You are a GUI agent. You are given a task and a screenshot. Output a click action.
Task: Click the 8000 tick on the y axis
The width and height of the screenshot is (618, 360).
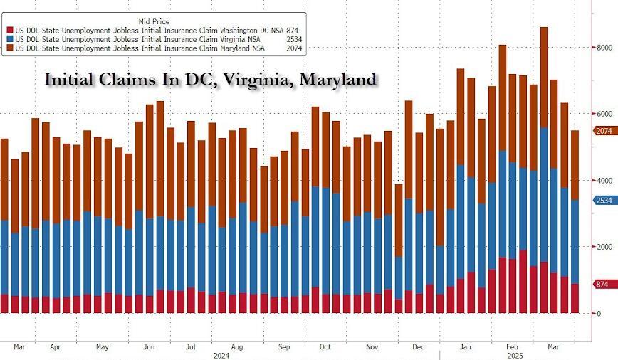(604, 47)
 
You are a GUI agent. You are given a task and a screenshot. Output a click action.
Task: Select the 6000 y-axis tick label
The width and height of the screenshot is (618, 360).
(604, 114)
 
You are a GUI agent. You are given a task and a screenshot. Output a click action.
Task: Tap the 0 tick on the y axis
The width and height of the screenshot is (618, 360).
(598, 314)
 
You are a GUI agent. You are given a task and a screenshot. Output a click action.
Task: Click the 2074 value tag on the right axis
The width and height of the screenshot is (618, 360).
(604, 131)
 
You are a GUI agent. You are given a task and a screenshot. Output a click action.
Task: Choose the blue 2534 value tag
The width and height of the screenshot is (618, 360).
(604, 201)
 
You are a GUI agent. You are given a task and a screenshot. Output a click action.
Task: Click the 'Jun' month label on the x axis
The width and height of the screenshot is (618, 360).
(150, 347)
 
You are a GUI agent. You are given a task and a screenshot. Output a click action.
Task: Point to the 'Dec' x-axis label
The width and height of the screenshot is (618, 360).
(418, 347)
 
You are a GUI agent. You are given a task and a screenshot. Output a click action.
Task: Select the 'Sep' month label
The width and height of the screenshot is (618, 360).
(283, 347)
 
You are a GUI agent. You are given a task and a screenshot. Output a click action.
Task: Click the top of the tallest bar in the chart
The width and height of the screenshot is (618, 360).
(543, 28)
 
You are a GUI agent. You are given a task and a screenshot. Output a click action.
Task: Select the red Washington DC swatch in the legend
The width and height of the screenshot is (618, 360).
(10, 29)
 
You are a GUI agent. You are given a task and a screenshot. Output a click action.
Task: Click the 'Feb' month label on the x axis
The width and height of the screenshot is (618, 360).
(511, 347)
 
